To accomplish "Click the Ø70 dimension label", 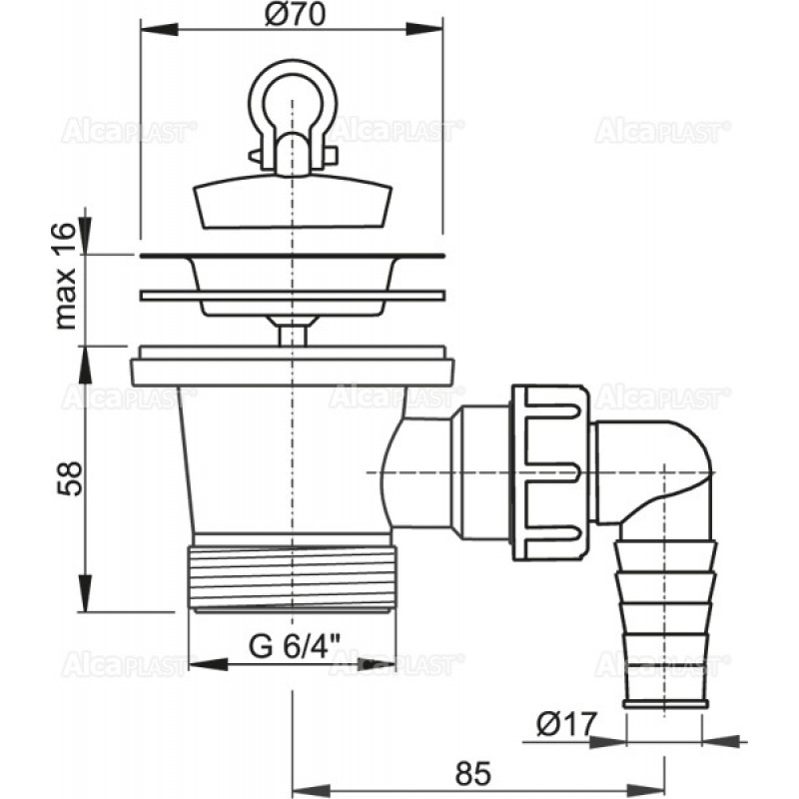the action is point(295,15).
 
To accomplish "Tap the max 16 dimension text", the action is point(66,277).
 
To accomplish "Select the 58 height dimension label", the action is point(68,478).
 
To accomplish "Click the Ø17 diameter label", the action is point(565,724).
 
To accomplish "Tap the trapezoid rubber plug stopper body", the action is point(294,202).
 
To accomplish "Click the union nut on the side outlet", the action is point(551,472).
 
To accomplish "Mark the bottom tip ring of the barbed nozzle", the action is point(665,705).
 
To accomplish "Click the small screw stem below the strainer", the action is point(293,336).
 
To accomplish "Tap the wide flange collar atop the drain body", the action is point(292,366).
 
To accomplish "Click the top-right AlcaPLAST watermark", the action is point(662,131).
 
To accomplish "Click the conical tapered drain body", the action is point(286,459).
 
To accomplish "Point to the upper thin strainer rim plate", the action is point(293,255).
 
